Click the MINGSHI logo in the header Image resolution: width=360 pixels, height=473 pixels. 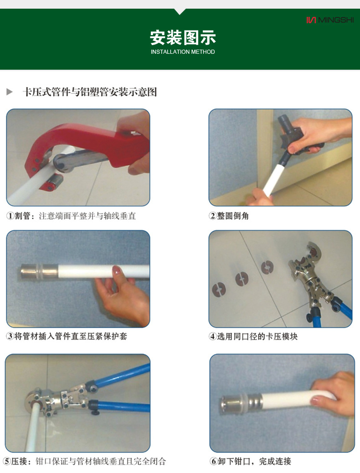[330, 20]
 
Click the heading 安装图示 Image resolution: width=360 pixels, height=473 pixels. [183, 37]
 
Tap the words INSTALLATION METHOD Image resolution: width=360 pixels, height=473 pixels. [183, 52]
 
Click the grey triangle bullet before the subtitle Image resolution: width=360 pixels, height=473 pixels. [10, 92]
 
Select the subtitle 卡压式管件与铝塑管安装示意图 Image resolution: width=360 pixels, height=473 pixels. [90, 92]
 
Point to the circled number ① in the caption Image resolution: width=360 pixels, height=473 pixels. [10, 216]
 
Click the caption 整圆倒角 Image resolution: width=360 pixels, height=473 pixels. [233, 216]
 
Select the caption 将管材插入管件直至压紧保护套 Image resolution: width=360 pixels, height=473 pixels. [71, 336]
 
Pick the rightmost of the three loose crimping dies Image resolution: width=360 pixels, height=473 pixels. [267, 267]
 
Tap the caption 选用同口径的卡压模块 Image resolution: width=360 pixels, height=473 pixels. [257, 336]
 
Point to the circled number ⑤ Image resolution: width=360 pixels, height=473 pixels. [7, 461]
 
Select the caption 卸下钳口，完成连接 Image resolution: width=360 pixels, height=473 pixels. [254, 461]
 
